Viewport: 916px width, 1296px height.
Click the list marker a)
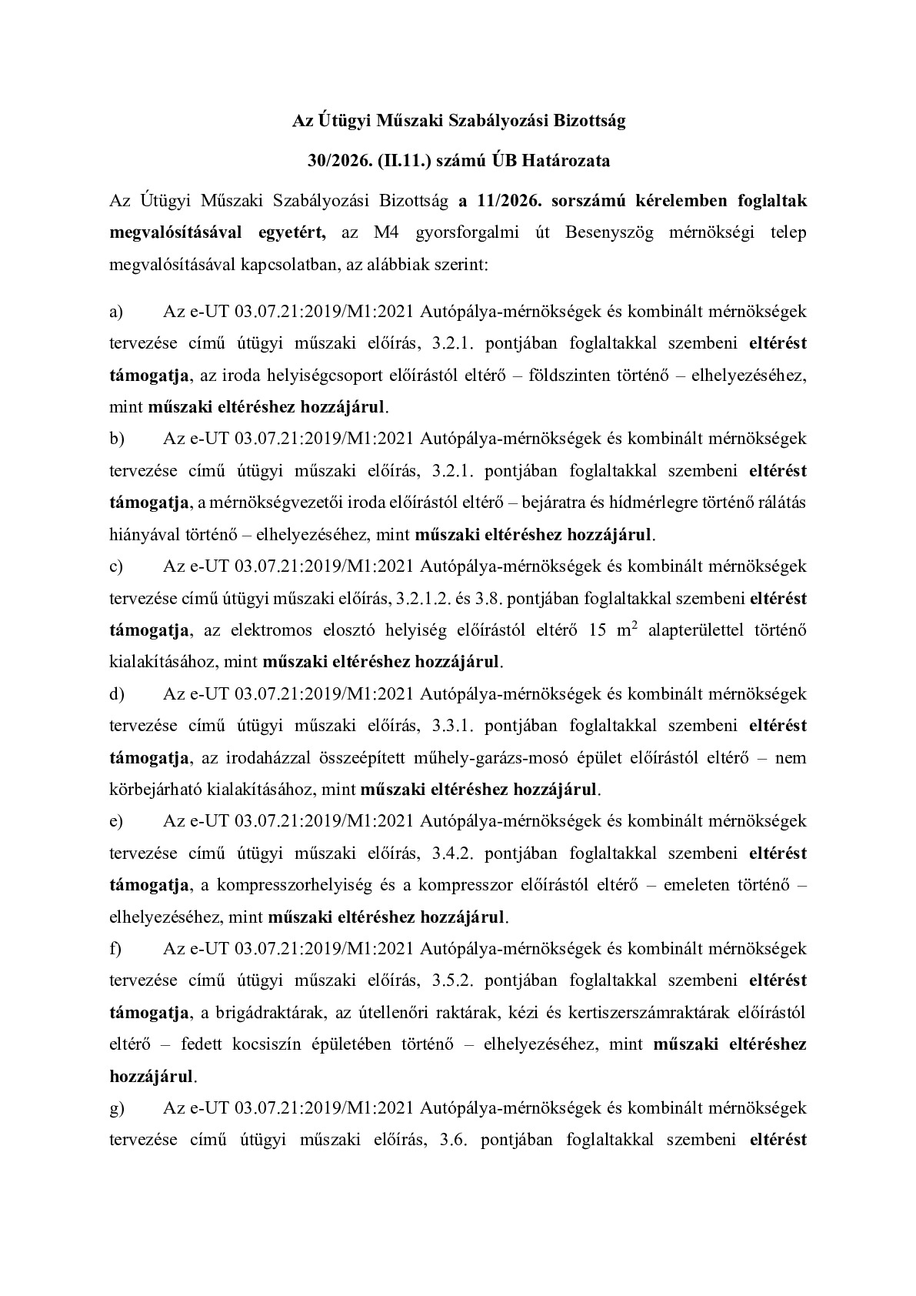[117, 311]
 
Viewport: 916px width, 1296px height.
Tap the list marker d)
[117, 693]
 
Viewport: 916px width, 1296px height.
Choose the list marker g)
[117, 1107]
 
